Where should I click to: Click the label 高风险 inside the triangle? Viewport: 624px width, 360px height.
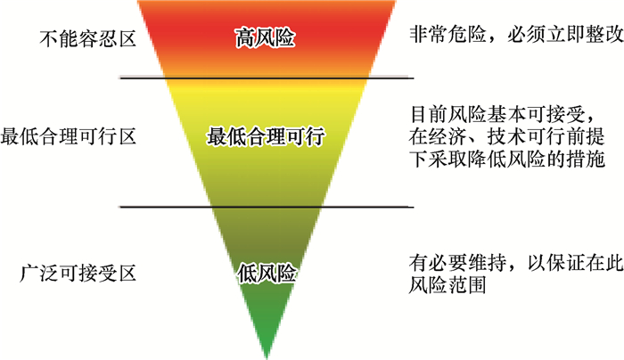pyautogui.click(x=265, y=39)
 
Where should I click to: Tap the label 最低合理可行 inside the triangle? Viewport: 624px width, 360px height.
pyautogui.click(x=265, y=138)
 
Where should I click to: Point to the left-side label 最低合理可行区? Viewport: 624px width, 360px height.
pyautogui.click(x=68, y=138)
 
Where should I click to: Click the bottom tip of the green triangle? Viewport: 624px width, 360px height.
pyautogui.click(x=266, y=355)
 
